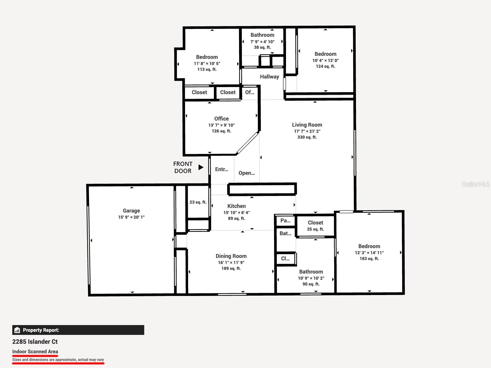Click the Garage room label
point(131,211)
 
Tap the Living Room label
point(307,125)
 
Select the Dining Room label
point(231,256)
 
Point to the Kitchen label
point(236,206)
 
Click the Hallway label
point(269,77)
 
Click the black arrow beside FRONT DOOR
point(201,167)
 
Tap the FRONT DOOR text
point(183,167)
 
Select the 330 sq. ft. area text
point(307,137)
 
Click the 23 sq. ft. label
point(198,202)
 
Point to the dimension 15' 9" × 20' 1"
point(131,217)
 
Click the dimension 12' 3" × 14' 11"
point(369,253)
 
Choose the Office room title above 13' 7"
point(222,119)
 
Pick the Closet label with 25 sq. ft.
point(315,223)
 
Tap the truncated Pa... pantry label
point(285,221)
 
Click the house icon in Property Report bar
point(17,330)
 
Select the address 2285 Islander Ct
point(35,342)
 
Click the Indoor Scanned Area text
point(35,351)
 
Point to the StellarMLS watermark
point(476,184)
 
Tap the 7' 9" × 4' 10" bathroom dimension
point(262,42)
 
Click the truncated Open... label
point(246,173)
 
